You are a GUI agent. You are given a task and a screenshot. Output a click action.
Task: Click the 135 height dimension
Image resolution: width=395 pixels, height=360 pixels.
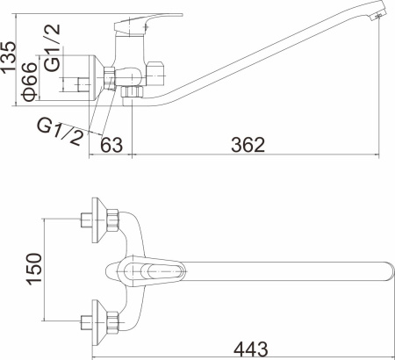(x=8, y=57)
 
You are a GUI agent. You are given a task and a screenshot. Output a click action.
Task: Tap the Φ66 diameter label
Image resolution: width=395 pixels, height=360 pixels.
(x=30, y=82)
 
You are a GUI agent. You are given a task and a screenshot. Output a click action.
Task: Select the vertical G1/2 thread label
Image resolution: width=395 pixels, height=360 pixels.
(x=53, y=47)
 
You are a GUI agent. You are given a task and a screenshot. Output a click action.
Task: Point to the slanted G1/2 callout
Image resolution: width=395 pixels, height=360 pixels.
(x=60, y=132)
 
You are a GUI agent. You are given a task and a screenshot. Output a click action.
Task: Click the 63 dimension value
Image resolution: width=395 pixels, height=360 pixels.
(x=111, y=145)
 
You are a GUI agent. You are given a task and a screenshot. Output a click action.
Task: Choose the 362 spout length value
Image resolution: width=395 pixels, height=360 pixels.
(x=248, y=145)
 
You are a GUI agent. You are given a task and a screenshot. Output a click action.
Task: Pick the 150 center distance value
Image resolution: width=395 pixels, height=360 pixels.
(x=34, y=269)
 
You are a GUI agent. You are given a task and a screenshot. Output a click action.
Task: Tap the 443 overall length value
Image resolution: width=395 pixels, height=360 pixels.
(x=251, y=349)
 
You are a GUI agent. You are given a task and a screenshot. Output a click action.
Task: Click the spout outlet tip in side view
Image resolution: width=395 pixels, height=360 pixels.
(x=379, y=15)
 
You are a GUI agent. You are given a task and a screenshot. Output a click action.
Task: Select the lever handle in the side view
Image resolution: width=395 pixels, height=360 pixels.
(x=147, y=24)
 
